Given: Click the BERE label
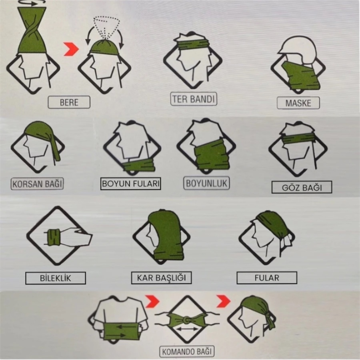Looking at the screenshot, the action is pyautogui.click(x=69, y=102).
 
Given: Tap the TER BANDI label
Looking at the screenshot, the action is pyautogui.click(x=194, y=99).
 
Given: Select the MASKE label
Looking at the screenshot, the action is pyautogui.click(x=298, y=103).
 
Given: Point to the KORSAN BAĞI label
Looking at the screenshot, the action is pyautogui.click(x=37, y=184).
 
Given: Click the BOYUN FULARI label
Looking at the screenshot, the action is pyautogui.click(x=131, y=184).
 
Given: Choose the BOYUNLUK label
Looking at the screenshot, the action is pyautogui.click(x=206, y=183).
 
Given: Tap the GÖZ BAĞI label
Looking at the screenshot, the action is pyautogui.click(x=302, y=187).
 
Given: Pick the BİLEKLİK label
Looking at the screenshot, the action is pyautogui.click(x=55, y=278).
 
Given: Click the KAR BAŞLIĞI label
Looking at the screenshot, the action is pyautogui.click(x=161, y=278).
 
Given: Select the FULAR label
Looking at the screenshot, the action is pyautogui.click(x=267, y=278).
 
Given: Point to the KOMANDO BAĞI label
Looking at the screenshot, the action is pyautogui.click(x=187, y=352).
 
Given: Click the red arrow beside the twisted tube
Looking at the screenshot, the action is pyautogui.click(x=71, y=49).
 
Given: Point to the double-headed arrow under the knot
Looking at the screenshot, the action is pyautogui.click(x=187, y=329).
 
